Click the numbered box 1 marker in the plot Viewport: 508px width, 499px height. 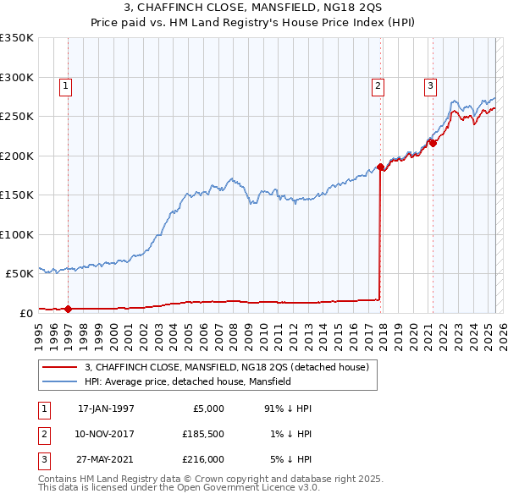[65, 85]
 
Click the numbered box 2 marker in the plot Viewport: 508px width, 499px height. [377, 85]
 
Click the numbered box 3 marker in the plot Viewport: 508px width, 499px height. [430, 85]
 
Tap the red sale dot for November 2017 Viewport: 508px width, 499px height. [380, 167]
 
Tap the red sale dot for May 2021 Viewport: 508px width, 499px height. [433, 143]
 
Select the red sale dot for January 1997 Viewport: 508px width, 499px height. [69, 309]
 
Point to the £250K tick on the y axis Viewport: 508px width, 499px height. [17, 116]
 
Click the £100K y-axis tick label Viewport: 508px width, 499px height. [17, 234]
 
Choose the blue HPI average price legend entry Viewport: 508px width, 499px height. [187, 381]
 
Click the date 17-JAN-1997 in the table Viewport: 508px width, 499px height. [106, 409]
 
